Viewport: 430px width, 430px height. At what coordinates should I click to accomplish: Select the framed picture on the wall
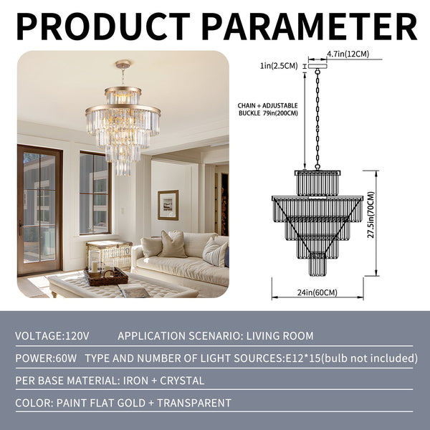coord(168,204)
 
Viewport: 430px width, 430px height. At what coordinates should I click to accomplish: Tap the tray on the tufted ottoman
coord(105,276)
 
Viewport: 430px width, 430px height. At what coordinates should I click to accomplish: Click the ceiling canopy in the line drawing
coord(317,65)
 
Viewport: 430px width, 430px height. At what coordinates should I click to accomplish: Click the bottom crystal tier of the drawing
coord(317,265)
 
